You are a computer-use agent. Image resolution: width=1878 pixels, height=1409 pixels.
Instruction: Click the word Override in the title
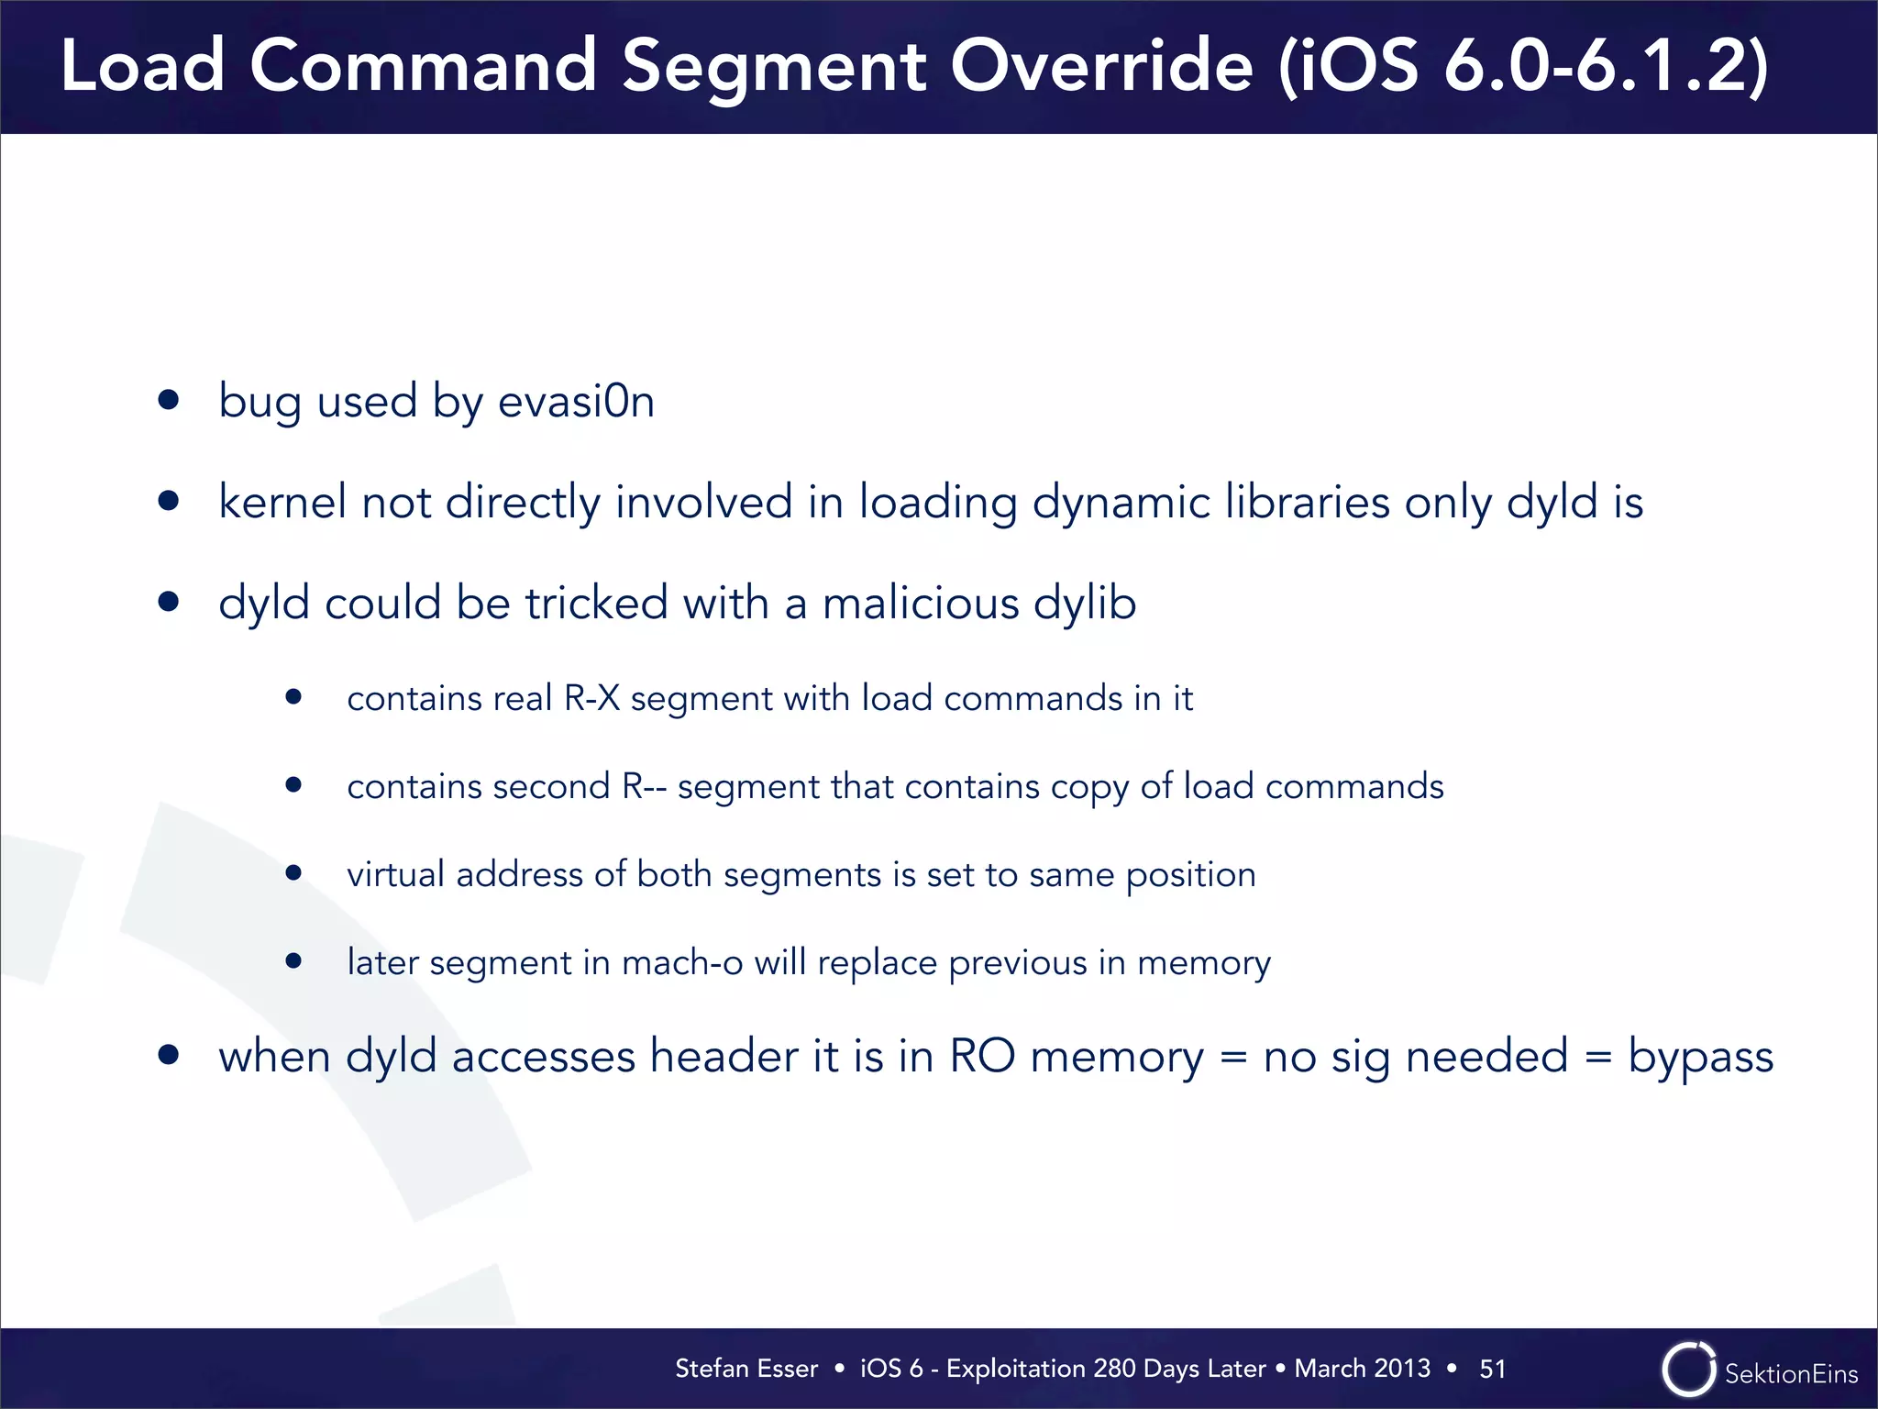[x=1100, y=66]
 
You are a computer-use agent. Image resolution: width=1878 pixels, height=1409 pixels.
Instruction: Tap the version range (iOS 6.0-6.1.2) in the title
[x=1522, y=66]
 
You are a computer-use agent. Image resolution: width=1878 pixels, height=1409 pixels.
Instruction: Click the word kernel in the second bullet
[x=282, y=503]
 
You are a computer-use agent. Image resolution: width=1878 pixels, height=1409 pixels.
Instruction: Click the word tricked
[x=595, y=604]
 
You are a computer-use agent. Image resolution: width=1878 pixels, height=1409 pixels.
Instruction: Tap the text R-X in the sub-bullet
[x=591, y=699]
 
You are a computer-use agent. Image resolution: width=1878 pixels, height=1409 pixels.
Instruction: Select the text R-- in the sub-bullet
[x=644, y=787]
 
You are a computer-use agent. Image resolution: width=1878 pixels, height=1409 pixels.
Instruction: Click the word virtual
[x=395, y=874]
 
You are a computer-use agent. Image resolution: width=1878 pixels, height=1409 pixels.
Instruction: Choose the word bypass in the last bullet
[x=1700, y=1057]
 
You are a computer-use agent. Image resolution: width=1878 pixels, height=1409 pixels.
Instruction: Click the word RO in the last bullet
[x=981, y=1057]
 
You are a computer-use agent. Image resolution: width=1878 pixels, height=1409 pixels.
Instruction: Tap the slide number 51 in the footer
[x=1492, y=1369]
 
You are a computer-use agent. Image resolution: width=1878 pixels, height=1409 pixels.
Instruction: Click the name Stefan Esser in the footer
[x=746, y=1369]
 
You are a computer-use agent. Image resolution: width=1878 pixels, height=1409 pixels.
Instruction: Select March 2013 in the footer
[x=1362, y=1369]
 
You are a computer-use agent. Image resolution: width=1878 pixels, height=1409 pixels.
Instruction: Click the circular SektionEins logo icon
[x=1688, y=1370]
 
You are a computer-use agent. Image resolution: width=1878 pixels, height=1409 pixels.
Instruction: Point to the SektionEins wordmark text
[x=1791, y=1373]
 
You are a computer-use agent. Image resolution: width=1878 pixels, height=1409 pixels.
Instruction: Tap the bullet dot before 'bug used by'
[x=168, y=400]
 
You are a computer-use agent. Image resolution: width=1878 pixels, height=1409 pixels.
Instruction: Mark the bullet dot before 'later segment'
[x=293, y=960]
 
